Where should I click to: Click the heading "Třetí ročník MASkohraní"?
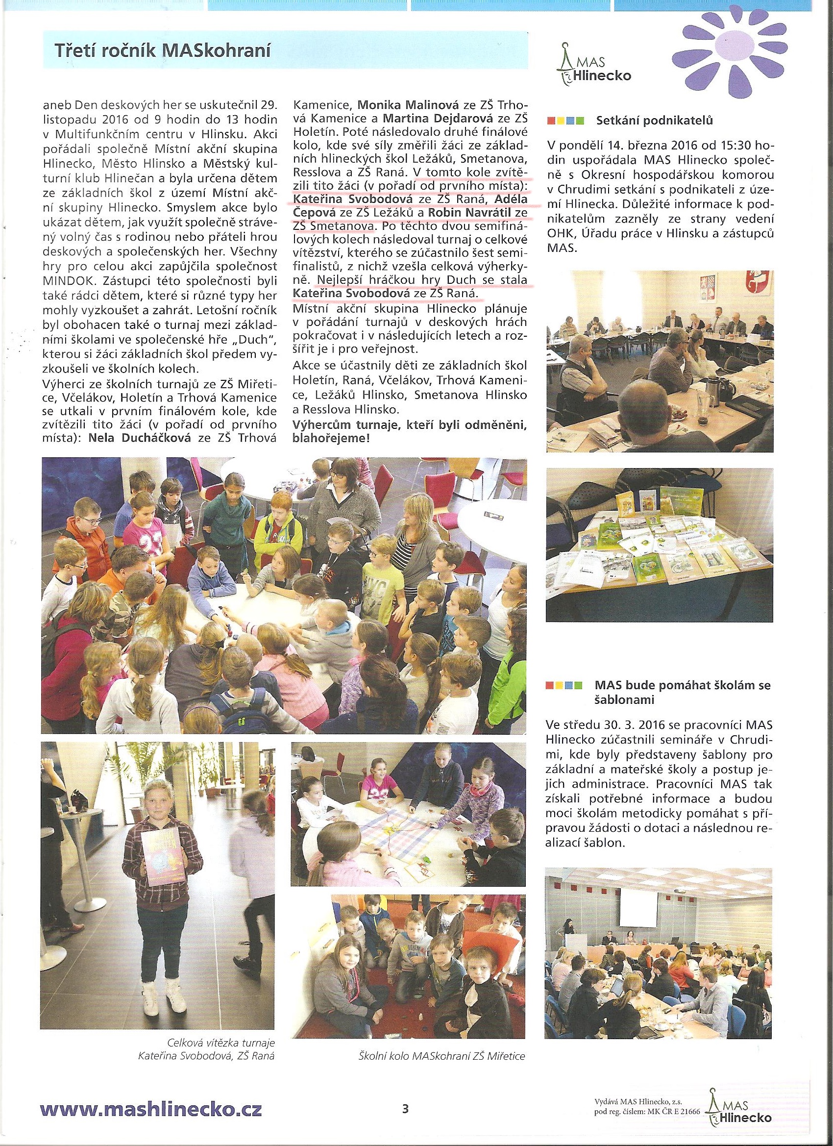(x=163, y=50)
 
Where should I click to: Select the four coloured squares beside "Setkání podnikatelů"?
(x=565, y=121)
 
